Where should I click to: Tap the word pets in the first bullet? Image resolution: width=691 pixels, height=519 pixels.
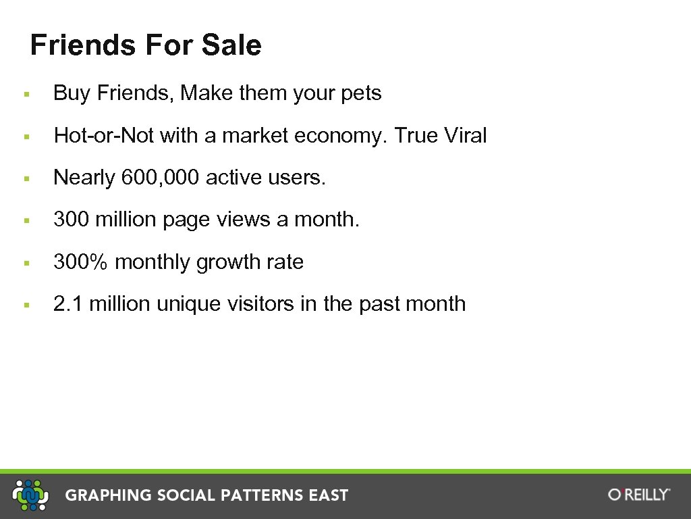click(361, 93)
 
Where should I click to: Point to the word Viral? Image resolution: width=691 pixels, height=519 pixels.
click(465, 136)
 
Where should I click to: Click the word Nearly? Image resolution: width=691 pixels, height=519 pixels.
click(84, 178)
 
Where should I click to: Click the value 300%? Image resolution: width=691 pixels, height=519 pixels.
click(80, 262)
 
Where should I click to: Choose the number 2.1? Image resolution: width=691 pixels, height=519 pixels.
click(68, 304)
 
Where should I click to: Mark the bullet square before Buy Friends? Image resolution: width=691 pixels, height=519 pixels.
click(25, 94)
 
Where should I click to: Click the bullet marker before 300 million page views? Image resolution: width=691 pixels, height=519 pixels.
click(25, 220)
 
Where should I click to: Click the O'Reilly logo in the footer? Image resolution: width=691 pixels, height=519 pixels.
click(638, 495)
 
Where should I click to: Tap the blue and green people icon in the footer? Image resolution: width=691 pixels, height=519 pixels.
click(32, 495)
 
